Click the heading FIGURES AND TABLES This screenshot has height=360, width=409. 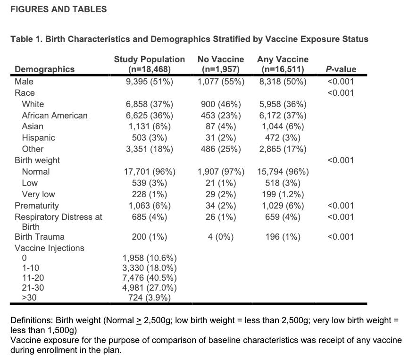(56, 9)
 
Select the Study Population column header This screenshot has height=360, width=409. (150, 64)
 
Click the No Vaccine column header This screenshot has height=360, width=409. (221, 64)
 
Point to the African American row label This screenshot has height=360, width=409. (55, 115)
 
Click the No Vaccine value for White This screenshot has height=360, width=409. (221, 104)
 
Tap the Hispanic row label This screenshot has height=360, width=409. (38, 138)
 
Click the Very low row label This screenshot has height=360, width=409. (38, 194)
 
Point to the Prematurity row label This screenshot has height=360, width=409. (37, 206)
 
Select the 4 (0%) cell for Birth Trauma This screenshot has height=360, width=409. (221, 237)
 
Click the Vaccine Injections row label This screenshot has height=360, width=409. (50, 248)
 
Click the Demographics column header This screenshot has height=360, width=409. (45, 69)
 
